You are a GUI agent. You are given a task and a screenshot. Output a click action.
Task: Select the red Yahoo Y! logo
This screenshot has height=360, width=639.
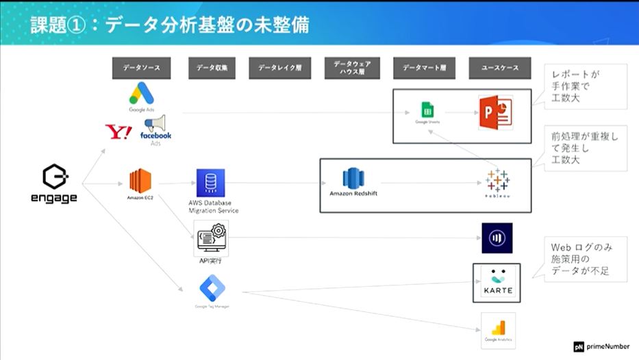coord(117,131)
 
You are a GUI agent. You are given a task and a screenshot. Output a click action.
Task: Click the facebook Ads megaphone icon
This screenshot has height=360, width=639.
coord(155,124)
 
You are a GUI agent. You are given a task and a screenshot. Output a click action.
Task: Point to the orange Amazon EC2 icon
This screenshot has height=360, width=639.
coord(140,181)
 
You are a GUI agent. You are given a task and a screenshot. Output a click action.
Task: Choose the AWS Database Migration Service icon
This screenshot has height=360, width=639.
coord(211,183)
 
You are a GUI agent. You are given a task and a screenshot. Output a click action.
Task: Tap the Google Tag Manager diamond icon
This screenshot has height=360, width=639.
coord(212,288)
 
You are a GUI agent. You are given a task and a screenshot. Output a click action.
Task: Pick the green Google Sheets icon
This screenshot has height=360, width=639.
coord(427,110)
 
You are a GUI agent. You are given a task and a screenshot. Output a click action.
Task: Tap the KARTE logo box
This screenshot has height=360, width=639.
coord(497,282)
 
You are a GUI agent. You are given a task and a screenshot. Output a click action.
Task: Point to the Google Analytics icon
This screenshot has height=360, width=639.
coord(498,328)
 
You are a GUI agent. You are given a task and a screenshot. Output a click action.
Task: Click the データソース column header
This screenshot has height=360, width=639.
coord(141,68)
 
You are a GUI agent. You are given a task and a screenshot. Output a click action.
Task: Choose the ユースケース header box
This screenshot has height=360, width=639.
coord(499,68)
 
